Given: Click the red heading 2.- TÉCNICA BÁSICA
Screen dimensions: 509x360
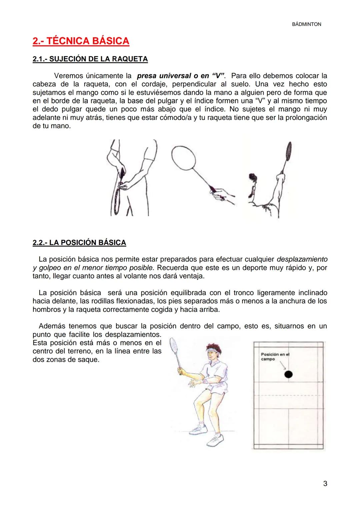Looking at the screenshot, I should tap(81, 41).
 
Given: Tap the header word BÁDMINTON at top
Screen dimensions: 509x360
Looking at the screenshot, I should tap(306, 24).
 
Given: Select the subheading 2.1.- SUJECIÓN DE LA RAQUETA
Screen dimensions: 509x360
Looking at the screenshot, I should tap(90, 59).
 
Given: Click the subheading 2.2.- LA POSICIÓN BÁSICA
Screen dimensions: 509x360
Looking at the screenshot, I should tap(79, 242).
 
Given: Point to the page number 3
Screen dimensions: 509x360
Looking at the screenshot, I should tap(325, 483).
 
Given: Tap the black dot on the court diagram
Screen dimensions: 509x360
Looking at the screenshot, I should tap(289, 374).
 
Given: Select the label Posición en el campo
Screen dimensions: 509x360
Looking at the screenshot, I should tap(275, 357).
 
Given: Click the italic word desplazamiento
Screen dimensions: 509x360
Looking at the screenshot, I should tap(302, 259).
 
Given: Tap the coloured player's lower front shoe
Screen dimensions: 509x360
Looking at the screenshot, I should tap(214, 439).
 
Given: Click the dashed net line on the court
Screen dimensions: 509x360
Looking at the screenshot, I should tap(288, 396).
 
